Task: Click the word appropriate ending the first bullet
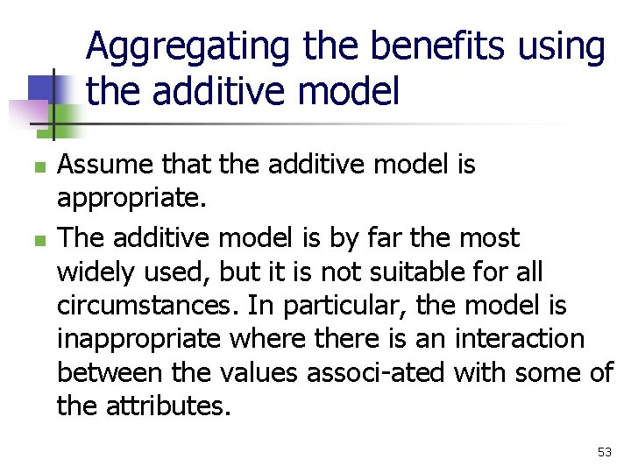131,200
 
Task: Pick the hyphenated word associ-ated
378,373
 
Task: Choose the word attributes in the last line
171,407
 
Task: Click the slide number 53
604,452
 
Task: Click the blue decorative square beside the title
41,88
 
